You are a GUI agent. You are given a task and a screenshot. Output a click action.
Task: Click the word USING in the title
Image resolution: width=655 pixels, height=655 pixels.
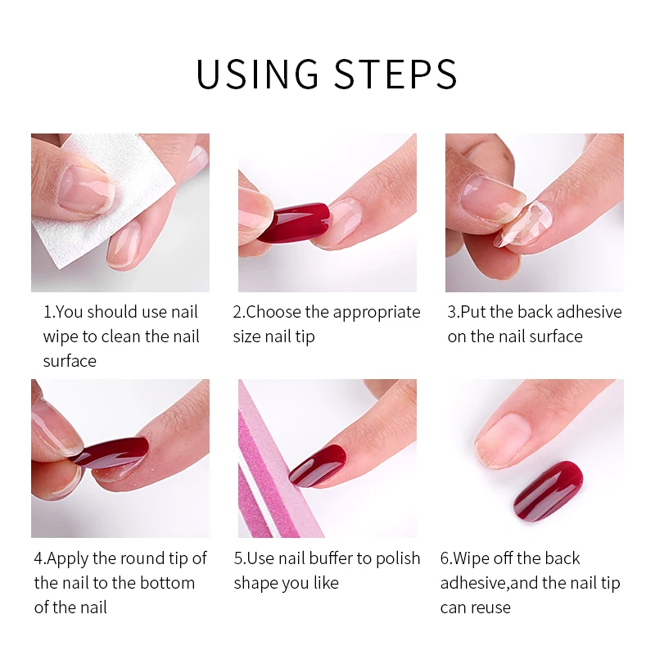[257, 74]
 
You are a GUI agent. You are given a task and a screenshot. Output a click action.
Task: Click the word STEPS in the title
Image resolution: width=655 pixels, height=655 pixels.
[395, 74]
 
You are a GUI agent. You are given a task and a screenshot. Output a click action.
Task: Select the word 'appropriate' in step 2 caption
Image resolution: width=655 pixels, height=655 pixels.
[377, 313]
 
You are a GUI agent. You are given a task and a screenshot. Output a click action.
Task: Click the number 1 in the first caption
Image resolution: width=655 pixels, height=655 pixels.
[48, 312]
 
